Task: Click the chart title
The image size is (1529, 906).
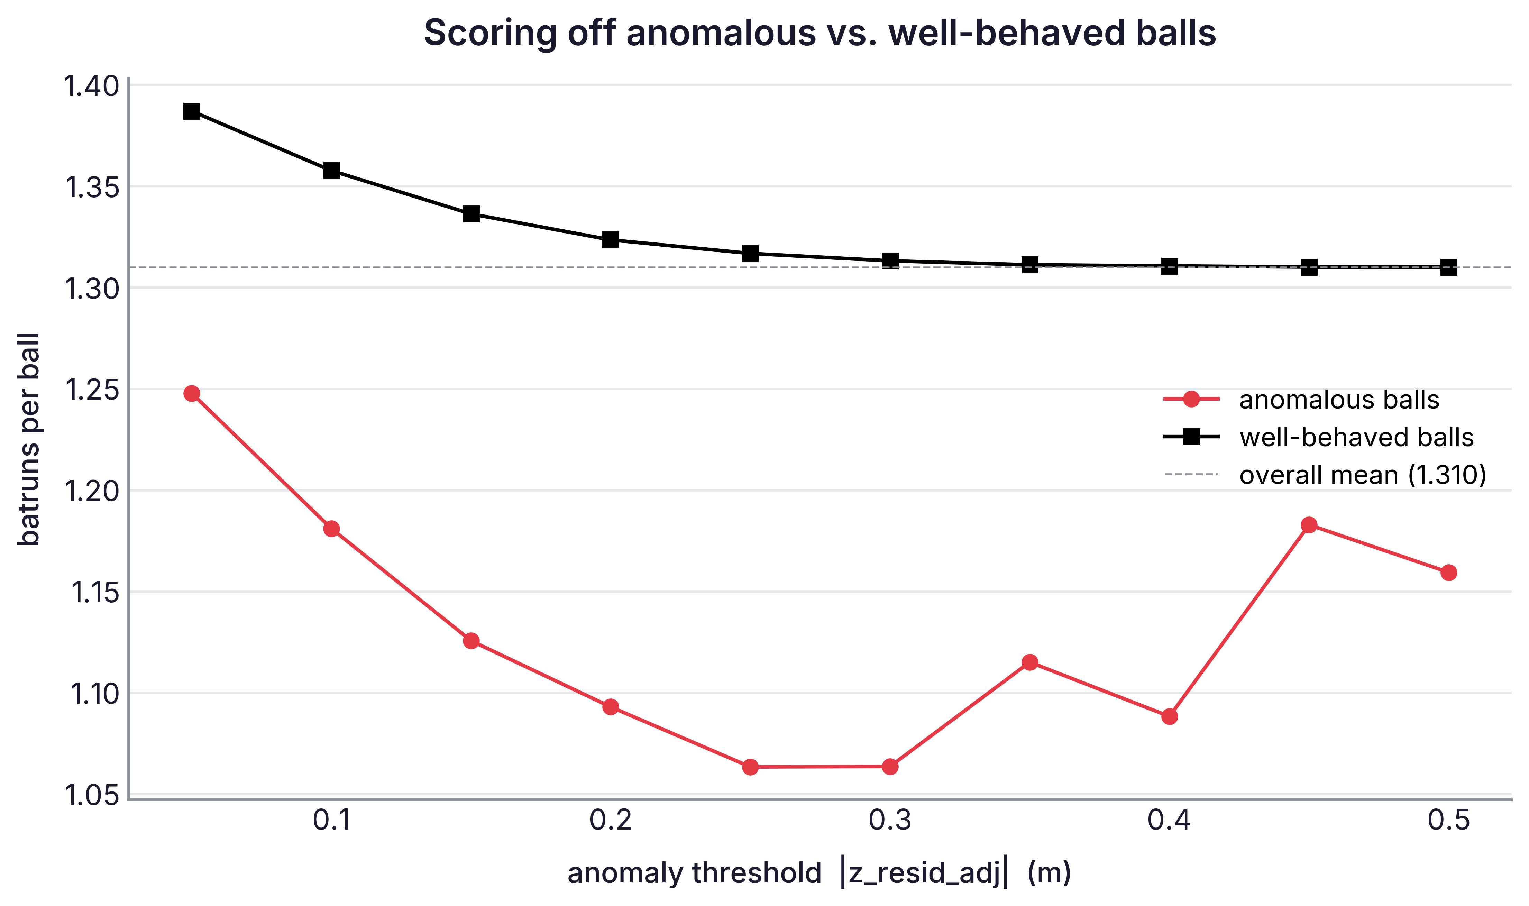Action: tap(820, 33)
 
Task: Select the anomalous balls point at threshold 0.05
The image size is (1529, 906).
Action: tap(192, 393)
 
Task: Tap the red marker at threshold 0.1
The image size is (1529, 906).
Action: tap(331, 529)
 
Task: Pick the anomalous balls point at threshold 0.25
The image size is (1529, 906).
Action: tap(751, 767)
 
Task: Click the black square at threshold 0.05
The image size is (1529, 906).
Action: tap(192, 111)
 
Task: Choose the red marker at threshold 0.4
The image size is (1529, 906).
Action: tap(1170, 716)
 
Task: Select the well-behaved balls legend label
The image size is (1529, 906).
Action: tap(1356, 437)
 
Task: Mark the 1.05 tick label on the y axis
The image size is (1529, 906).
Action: tap(92, 796)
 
